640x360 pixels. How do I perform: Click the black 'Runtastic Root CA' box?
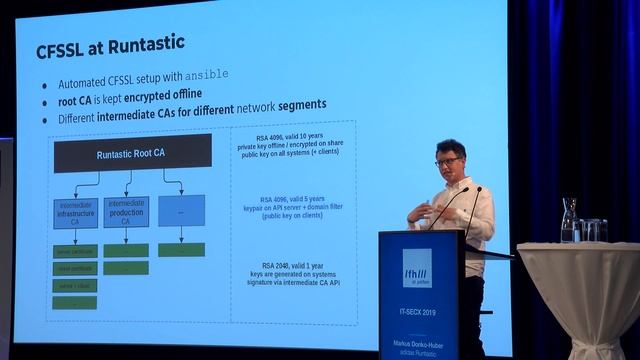pos(132,154)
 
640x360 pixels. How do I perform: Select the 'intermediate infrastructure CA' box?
pos(76,211)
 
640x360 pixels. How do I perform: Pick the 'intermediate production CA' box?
pos(126,213)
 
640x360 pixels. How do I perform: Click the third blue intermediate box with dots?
pos(181,211)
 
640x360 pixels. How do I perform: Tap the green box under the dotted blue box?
pos(181,249)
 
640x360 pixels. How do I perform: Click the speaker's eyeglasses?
pos(448,161)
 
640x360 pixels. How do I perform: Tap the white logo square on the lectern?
pos(417,268)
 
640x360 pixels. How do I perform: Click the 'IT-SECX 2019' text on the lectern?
pos(417,313)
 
